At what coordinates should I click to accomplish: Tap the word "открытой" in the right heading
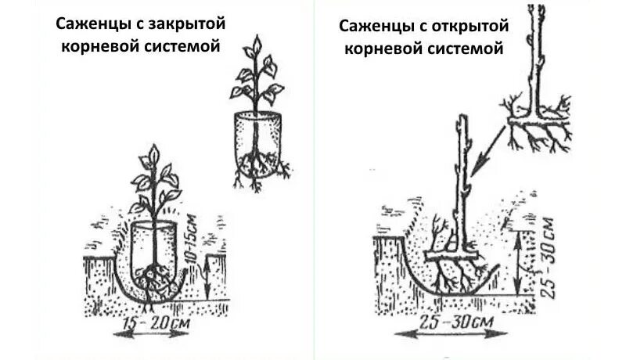472,27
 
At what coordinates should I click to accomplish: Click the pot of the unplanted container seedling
256,139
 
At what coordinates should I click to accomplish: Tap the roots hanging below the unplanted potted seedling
258,172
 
